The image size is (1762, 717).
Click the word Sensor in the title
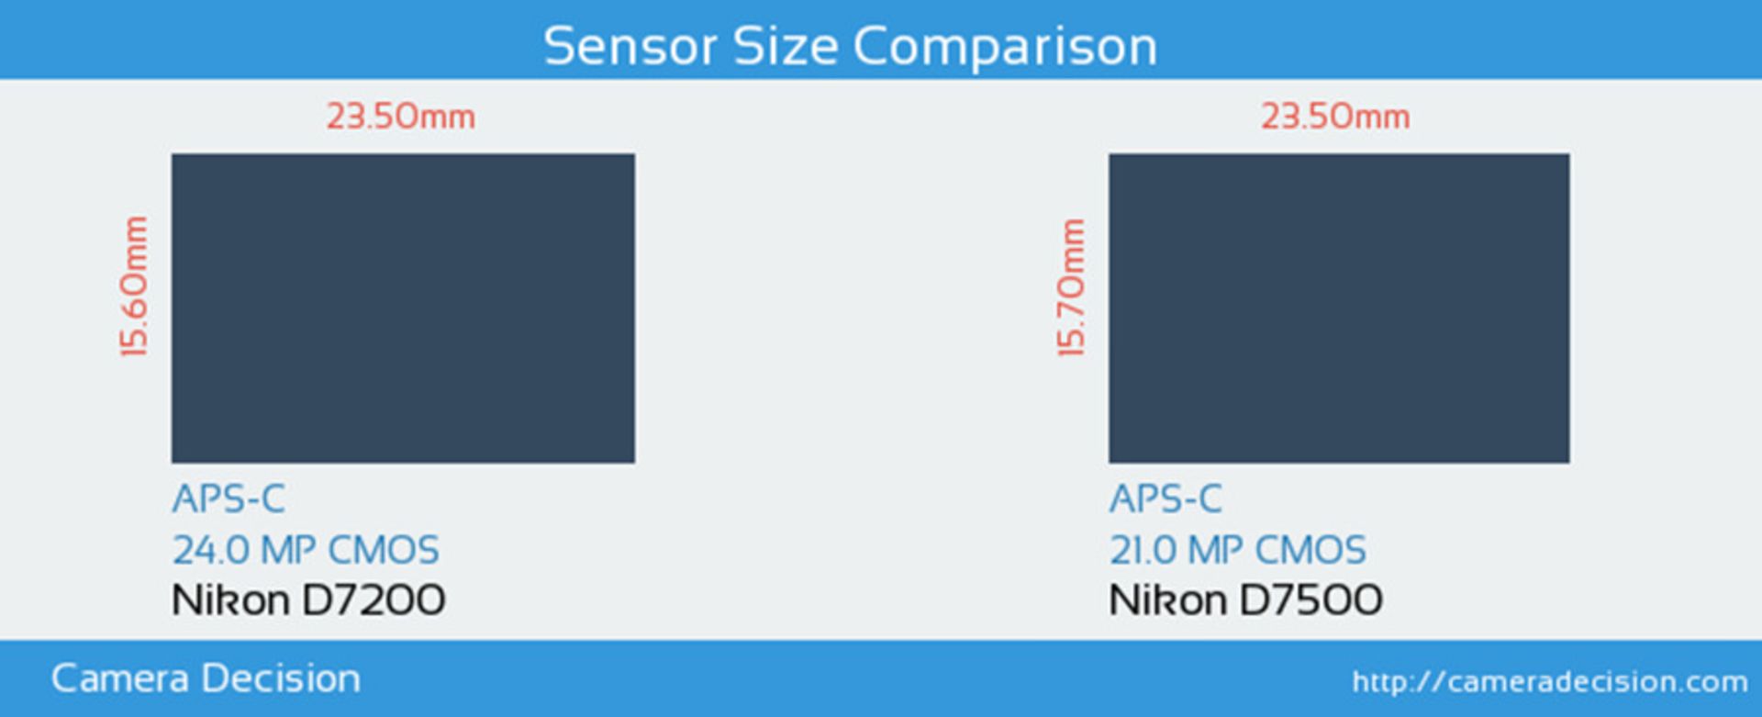[630, 46]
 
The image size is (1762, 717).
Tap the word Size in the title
[786, 46]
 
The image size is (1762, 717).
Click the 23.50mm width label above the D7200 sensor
[401, 117]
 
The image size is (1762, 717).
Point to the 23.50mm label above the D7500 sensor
[1335, 117]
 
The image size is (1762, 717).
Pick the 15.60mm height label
[134, 286]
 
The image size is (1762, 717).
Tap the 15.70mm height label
[1071, 287]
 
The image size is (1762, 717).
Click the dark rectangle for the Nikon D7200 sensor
[403, 308]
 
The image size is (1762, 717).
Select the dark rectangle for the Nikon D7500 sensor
[1339, 308]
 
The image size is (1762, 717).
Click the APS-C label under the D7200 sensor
[229, 499]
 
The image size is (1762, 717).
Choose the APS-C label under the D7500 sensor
[1165, 499]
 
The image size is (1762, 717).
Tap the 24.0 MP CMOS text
[306, 551]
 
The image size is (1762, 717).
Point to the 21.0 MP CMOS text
[1238, 551]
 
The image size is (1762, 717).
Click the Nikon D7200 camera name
[308, 600]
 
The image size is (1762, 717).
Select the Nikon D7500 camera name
[1245, 600]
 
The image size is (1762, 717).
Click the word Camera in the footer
[120, 679]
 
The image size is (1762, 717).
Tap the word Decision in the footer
[281, 679]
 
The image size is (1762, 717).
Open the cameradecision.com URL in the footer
[1550, 682]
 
